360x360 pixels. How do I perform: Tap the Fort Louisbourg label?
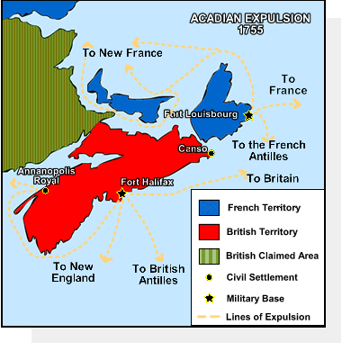tap(203, 115)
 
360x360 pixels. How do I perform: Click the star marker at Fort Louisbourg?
tap(248, 115)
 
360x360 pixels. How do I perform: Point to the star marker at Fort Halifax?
tap(122, 193)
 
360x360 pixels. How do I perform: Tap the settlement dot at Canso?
tap(211, 154)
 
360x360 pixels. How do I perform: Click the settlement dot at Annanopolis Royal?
tap(45, 190)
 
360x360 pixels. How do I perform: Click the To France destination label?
tap(293, 85)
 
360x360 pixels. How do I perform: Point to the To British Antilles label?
tap(158, 274)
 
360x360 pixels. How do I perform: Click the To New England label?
tap(74, 272)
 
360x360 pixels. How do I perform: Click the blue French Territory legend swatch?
tap(209, 207)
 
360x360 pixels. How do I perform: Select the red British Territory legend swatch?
tap(209, 231)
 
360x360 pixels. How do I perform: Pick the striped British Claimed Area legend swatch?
tap(209, 256)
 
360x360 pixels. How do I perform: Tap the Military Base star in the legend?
tap(209, 296)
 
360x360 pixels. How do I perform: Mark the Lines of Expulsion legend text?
tap(269, 317)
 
